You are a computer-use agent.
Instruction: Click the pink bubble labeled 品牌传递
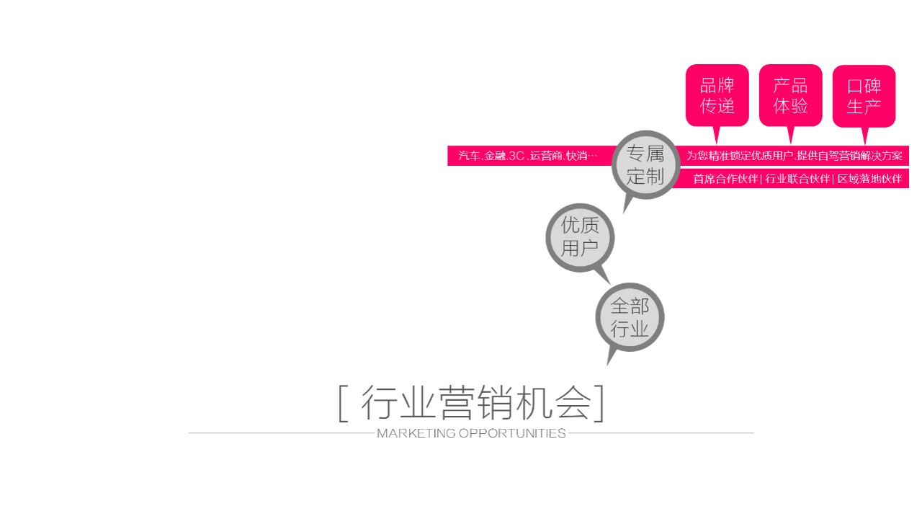pos(717,95)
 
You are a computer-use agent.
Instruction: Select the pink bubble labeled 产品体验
pos(790,95)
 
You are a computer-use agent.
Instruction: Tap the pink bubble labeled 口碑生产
pos(864,96)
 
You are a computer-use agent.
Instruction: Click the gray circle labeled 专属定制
pos(645,165)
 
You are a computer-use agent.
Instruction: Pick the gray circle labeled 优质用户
pos(580,238)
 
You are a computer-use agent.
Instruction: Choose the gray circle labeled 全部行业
pos(630,317)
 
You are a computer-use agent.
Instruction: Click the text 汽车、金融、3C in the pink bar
pos(491,156)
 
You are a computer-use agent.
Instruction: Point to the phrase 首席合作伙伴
pos(725,179)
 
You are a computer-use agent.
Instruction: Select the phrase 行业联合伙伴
pos(797,179)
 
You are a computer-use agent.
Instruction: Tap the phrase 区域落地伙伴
pos(869,179)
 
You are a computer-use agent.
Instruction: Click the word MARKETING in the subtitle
pos(416,433)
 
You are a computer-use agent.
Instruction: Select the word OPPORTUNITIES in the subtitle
pos(512,433)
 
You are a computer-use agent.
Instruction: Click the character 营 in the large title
pos(455,403)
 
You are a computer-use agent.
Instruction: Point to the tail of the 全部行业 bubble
pos(611,357)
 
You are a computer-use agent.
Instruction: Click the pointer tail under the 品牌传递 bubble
pos(717,135)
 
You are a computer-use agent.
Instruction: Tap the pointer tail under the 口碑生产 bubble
pos(864,136)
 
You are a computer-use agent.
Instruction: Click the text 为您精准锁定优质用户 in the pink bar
pos(740,156)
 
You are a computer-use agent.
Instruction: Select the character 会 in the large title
pos(573,403)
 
